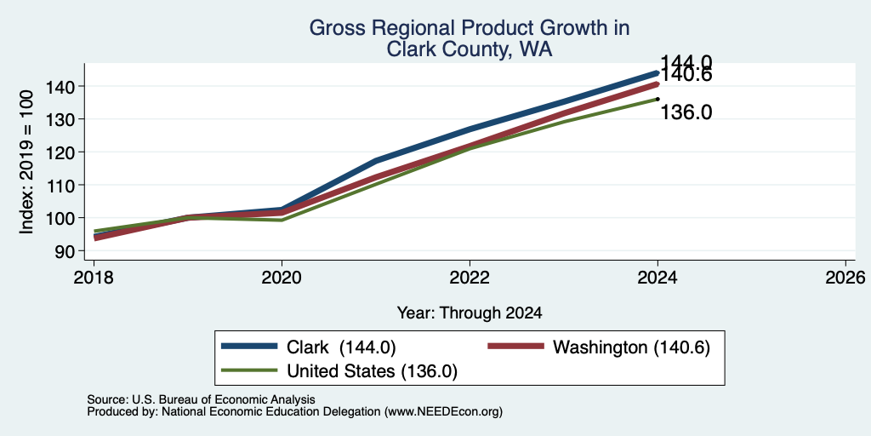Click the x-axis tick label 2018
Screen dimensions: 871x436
point(94,277)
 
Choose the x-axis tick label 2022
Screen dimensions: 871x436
point(470,277)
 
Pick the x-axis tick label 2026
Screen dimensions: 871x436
point(845,277)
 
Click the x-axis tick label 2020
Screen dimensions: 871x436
point(282,277)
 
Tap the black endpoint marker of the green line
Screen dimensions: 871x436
point(658,99)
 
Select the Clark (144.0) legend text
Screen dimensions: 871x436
point(341,347)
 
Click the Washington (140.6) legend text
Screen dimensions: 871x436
point(632,347)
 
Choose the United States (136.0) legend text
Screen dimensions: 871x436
point(372,371)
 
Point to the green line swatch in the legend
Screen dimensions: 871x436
point(249,370)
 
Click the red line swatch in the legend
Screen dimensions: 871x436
point(515,346)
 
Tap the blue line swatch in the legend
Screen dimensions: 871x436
point(249,346)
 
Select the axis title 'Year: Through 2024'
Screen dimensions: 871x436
point(470,313)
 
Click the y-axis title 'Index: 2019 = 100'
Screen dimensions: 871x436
point(26,163)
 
